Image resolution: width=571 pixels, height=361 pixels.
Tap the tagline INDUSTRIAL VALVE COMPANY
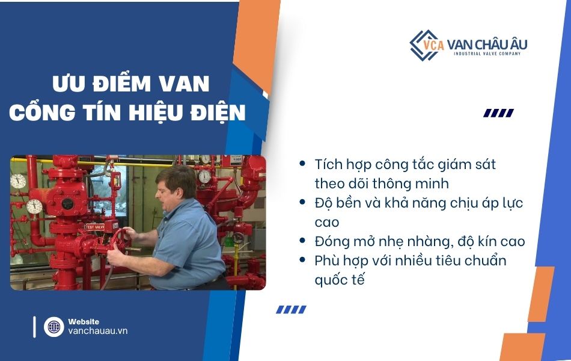point(487,54)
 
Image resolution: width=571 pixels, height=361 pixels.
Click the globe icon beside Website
point(53,327)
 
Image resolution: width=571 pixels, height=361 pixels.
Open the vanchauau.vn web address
point(97,331)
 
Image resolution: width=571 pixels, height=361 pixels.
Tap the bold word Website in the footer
point(84,322)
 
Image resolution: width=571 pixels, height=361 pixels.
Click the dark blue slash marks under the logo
point(498,113)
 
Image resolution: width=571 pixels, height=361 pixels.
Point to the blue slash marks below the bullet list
point(291,309)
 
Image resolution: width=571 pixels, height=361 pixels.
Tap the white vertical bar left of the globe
point(34,327)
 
